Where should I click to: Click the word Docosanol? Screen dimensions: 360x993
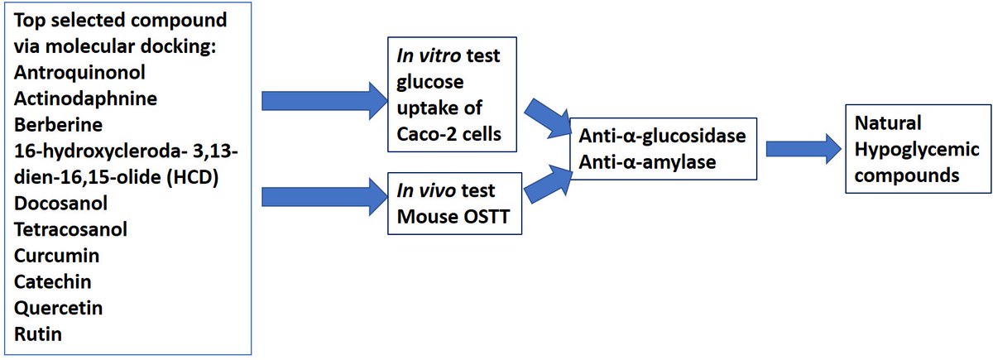pos(60,204)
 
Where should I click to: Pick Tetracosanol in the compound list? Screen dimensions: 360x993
pos(71,229)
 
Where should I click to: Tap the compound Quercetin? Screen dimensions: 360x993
pos(57,309)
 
